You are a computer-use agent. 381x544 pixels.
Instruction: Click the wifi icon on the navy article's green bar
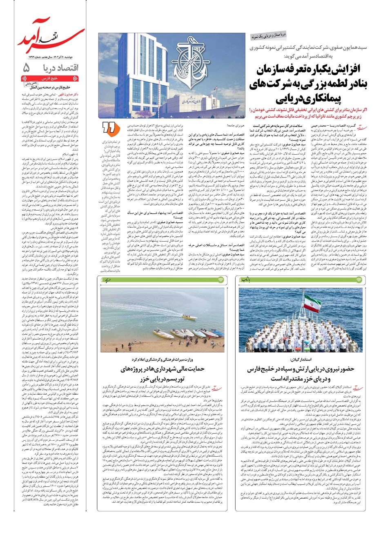[x=358, y=280]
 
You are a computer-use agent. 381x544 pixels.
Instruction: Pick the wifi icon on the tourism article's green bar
[x=221, y=280]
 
